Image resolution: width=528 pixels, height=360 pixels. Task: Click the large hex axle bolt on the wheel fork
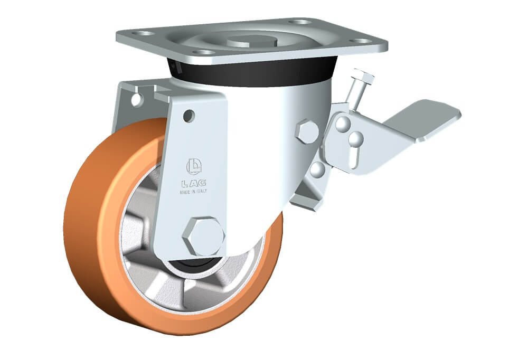204,236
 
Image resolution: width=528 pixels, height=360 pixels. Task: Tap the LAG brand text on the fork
194,184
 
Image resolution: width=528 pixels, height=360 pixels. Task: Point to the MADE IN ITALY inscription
193,192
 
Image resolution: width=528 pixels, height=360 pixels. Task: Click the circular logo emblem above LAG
194,166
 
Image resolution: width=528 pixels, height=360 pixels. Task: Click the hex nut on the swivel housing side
307,131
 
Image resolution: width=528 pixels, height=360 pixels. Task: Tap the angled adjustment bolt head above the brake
363,75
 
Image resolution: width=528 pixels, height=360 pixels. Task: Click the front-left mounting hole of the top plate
204,52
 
